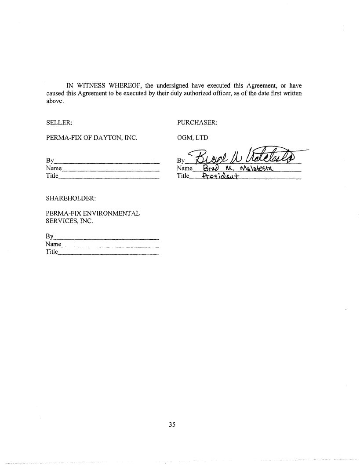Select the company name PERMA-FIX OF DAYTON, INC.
(92, 138)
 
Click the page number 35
(172, 425)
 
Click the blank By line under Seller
(106, 162)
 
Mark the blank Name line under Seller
(110, 169)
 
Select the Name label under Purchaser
(185, 168)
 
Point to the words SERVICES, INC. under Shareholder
(69, 221)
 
